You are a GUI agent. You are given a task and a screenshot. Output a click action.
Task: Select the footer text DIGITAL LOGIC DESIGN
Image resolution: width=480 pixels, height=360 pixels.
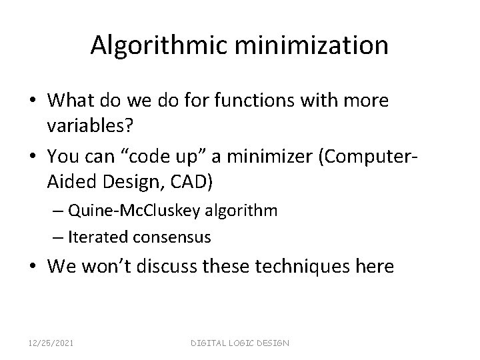(x=240, y=342)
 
